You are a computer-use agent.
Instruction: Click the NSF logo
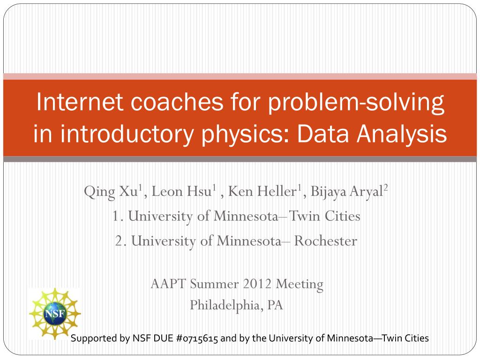pos(55,314)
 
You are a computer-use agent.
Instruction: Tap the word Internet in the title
pos(80,102)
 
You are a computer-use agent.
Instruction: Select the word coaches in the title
pos(177,102)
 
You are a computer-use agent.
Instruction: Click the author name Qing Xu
pos(112,192)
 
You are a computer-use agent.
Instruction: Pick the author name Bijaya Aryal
pos(347,192)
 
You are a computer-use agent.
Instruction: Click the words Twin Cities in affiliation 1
pos(324,216)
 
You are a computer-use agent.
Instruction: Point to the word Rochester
pos(325,241)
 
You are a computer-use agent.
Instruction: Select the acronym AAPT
pos(169,284)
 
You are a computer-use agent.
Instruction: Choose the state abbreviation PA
pos(275,305)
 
